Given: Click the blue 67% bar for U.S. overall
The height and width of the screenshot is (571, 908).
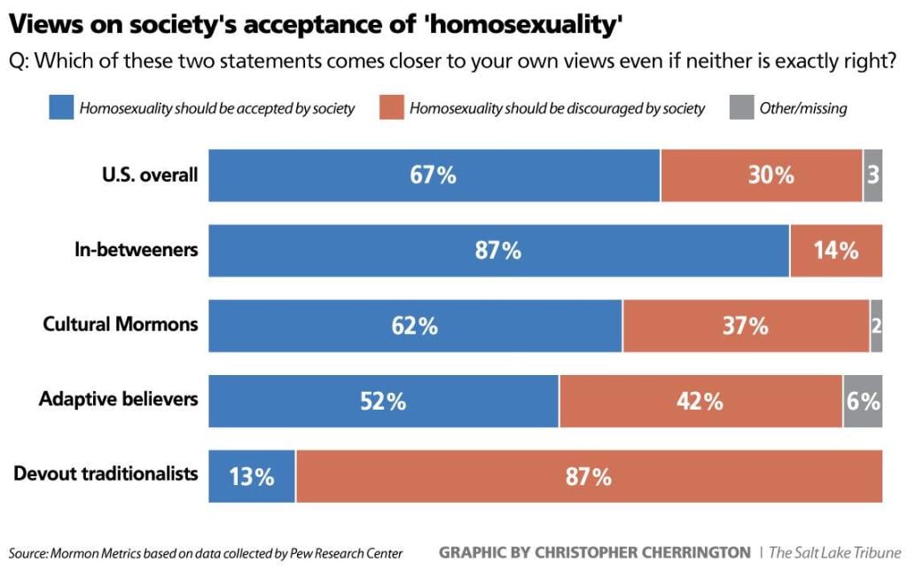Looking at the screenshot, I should [x=434, y=176].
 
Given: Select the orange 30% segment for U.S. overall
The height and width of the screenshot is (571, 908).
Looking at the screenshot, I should [x=761, y=176].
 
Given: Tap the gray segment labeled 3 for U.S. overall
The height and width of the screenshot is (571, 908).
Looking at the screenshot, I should [x=873, y=176].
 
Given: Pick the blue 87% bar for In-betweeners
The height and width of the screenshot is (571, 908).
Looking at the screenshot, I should [x=498, y=251].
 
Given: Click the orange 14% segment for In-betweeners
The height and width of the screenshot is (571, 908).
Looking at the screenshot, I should [x=835, y=251].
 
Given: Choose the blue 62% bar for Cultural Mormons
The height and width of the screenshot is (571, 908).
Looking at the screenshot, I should [x=415, y=325].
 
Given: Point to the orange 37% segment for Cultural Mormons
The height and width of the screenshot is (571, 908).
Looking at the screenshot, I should [x=745, y=325].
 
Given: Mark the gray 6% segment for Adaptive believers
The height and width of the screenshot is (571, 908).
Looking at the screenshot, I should [x=862, y=401].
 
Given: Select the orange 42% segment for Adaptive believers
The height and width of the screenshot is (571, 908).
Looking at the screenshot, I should [x=701, y=401].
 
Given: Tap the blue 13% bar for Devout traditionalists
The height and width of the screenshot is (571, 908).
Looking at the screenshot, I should [x=252, y=476].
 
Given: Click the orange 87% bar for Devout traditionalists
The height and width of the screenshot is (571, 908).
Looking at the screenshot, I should [x=589, y=476].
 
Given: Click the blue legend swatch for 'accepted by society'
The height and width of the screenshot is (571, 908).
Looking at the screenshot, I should [x=61, y=108].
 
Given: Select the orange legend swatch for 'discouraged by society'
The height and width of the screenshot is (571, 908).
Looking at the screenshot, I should [x=391, y=108].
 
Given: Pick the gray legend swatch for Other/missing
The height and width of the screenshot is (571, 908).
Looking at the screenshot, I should [x=740, y=108].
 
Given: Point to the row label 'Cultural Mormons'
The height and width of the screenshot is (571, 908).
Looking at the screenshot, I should [x=121, y=324].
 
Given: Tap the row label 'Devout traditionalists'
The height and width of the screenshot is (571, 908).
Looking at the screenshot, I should [x=106, y=473].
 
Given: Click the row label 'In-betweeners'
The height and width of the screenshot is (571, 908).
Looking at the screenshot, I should [x=136, y=249].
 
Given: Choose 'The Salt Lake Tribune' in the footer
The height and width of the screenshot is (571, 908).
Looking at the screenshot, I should [x=834, y=552].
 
